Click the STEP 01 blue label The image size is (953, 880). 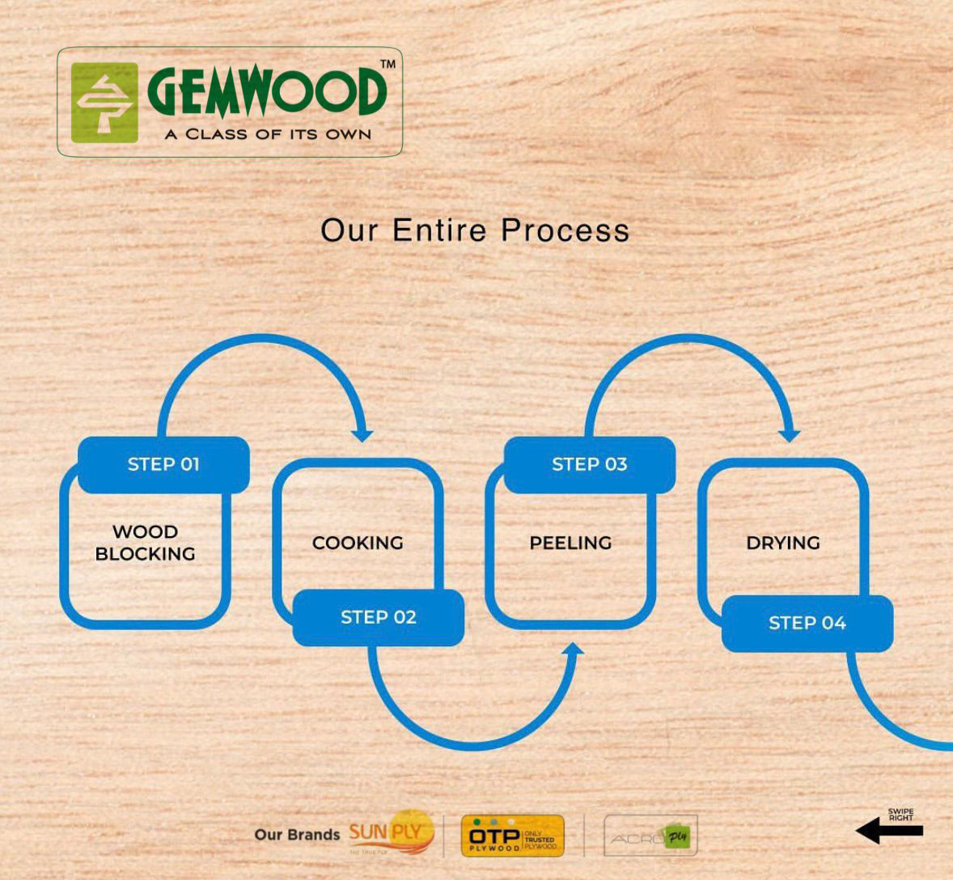pos(163,464)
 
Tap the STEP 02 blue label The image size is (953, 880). pos(378,617)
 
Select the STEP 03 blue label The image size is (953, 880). pos(589,464)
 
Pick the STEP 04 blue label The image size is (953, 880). pos(807,623)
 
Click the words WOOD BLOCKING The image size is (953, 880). pos(146,543)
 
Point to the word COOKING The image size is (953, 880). pos(358,543)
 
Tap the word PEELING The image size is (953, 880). pos(570,543)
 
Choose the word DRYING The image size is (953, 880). pos(783,543)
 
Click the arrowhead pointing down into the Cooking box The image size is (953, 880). pos(362,434)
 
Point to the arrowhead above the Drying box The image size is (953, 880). pos(789,434)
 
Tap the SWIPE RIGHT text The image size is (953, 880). pos(900,814)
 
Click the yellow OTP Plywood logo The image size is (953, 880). pos(512,836)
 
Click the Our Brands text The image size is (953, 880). pos(297,835)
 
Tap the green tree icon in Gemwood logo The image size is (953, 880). pos(104,103)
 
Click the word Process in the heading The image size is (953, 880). pos(565,231)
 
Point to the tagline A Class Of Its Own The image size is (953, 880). pos(268,134)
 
